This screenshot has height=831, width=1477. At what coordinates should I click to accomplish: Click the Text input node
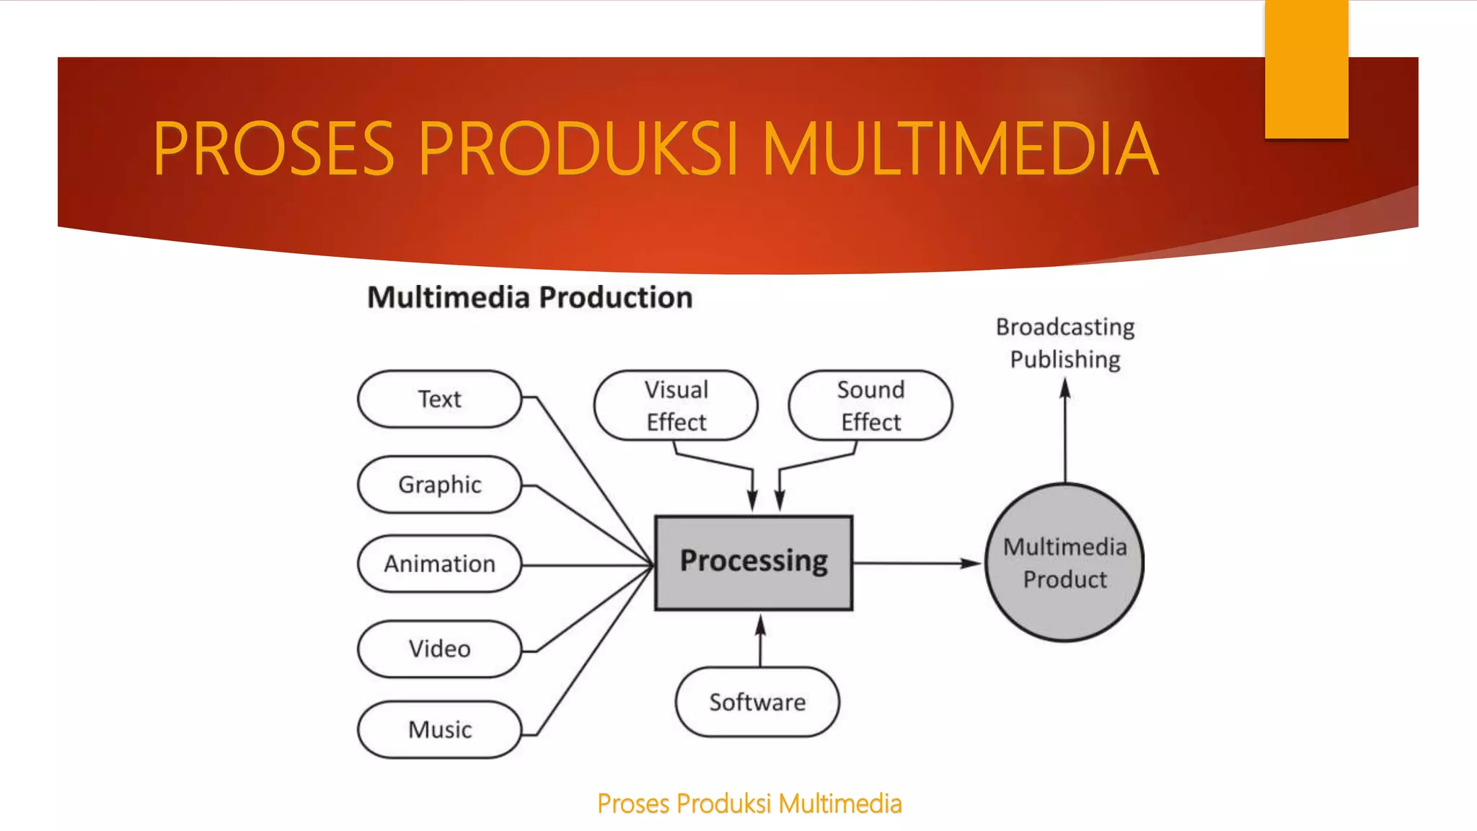pos(439,399)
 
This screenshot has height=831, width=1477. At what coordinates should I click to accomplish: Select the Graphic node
pos(439,484)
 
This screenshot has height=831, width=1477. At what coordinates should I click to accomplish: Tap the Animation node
pos(439,563)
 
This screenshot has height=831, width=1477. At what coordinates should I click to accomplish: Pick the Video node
pos(439,648)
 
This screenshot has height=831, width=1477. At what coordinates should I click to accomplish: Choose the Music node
pos(439,729)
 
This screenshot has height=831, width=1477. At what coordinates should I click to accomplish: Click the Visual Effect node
pos(676,405)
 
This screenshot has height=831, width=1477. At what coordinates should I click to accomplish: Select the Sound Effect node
pos(870,405)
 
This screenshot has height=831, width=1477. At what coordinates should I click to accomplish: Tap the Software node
pos(757,702)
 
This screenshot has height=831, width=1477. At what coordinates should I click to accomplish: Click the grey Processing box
pos(754,562)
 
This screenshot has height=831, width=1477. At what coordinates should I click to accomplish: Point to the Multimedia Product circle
pos(1064,563)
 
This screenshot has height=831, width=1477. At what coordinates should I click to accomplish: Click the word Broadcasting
pos(1065,327)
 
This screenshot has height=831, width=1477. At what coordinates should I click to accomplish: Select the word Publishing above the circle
pos(1065,359)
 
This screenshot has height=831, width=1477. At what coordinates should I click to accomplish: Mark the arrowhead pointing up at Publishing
pos(1065,390)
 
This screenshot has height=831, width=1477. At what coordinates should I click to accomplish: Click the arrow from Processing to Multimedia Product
pos(916,563)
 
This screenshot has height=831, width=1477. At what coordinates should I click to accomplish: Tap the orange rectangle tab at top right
pos(1306,69)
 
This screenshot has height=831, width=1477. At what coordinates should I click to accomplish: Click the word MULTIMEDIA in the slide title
pos(959,149)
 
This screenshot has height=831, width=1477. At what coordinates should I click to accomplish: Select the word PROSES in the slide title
pos(273,149)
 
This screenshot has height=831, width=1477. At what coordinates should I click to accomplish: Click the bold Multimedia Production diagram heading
pos(530,297)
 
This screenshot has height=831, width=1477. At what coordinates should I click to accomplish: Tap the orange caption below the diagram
pos(749,804)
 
